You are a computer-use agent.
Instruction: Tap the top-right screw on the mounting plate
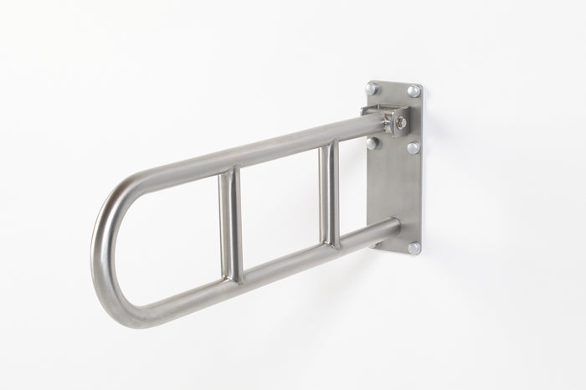(x=414, y=90)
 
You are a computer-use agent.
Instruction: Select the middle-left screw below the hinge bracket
(x=373, y=142)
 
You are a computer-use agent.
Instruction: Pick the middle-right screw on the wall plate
(x=414, y=147)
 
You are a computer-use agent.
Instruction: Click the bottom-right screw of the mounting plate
(x=414, y=248)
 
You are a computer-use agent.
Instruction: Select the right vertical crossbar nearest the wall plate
(x=330, y=193)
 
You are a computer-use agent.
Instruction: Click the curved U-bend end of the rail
(x=106, y=251)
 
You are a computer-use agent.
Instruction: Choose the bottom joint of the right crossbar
(x=332, y=244)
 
